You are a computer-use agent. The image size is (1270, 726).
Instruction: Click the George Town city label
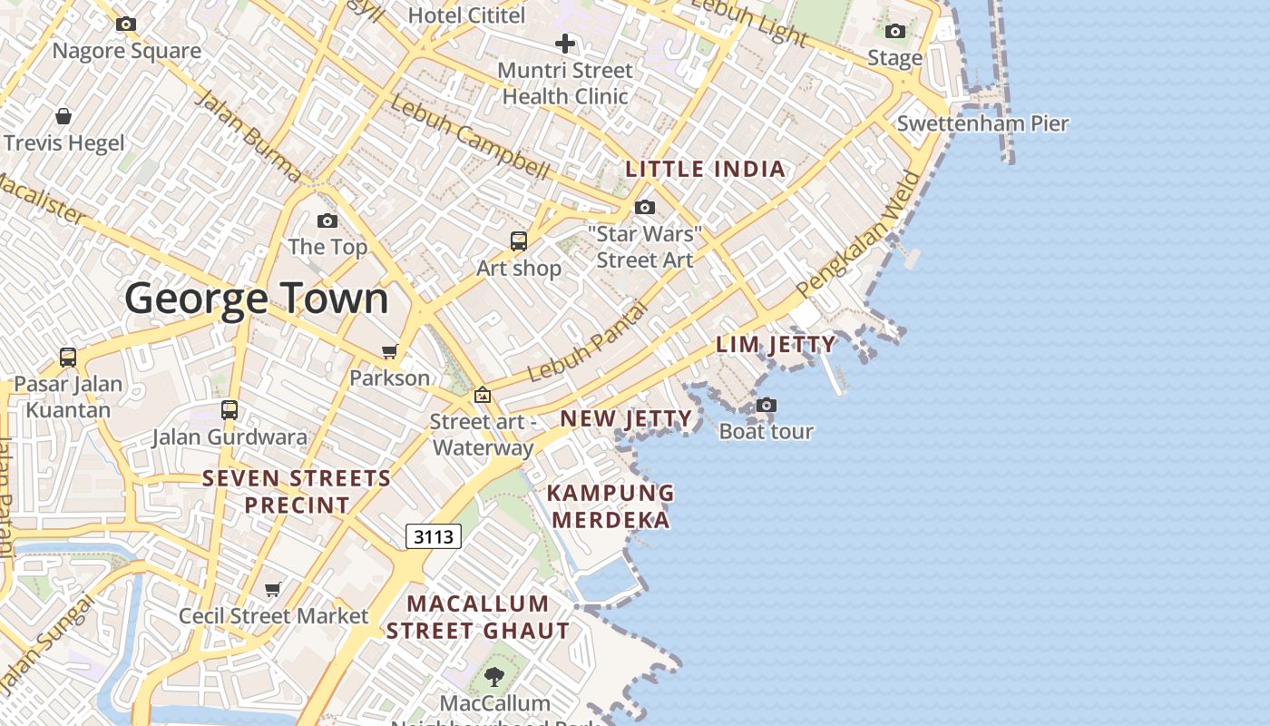[257, 299]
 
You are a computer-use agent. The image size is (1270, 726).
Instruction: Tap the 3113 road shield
[434, 536]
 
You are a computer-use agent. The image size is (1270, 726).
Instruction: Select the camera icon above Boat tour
[767, 405]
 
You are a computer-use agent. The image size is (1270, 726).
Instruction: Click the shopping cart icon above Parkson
[390, 351]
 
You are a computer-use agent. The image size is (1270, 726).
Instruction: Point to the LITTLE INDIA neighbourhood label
[705, 169]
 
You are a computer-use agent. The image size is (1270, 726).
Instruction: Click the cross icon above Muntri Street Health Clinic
[565, 44]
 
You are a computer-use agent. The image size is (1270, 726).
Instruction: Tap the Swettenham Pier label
[982, 123]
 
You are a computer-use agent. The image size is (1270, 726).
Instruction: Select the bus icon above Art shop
[519, 241]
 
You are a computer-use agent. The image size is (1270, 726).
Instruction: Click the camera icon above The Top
[327, 221]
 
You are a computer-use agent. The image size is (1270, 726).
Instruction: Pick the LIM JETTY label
[776, 344]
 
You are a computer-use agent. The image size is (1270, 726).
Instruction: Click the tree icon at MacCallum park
[494, 676]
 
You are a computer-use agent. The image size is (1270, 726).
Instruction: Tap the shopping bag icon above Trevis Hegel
[63, 116]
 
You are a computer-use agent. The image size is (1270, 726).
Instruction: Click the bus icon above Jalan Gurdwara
[230, 410]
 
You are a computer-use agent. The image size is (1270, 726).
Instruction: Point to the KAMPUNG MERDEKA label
[611, 506]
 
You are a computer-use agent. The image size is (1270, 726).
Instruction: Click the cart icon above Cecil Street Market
[273, 590]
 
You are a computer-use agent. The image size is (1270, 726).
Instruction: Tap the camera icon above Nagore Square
[126, 25]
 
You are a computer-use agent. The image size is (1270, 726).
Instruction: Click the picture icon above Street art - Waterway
[483, 395]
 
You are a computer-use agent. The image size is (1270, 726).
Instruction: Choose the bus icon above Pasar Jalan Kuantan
[68, 358]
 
